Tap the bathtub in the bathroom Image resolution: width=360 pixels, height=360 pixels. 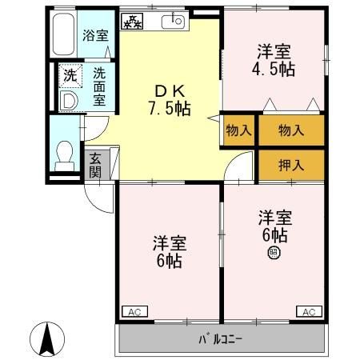(63, 34)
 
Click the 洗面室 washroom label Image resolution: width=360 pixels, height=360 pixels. (99, 86)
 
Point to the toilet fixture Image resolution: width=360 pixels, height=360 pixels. (64, 155)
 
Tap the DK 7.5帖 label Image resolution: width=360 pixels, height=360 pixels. (168, 101)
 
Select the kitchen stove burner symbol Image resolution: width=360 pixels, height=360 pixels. (132, 22)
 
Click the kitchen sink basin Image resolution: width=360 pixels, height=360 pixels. (172, 22)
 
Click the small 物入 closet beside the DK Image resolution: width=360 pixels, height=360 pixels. (238, 130)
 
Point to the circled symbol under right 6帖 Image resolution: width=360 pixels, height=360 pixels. (274, 254)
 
